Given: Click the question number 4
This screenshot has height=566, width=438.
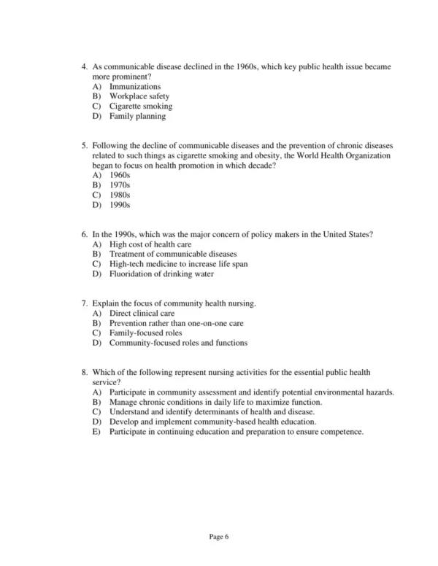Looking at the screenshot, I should tap(84, 66).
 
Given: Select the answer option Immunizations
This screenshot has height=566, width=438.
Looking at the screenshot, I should tap(135, 87).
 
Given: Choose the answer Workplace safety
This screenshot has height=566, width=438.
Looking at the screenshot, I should tap(139, 96).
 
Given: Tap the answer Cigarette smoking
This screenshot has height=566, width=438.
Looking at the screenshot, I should tap(141, 106).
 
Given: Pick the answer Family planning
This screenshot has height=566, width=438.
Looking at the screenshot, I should tap(137, 116).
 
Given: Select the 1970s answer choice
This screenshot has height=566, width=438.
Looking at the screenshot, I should tap(120, 185).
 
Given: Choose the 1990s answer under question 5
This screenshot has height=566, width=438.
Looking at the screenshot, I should tap(120, 205).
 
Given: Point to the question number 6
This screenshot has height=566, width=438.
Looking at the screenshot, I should tap(84, 234).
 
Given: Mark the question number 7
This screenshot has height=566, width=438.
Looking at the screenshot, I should tap(84, 303).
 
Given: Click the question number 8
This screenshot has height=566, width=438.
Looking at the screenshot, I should tap(84, 372).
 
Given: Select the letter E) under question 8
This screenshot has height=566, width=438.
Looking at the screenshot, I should tap(96, 432).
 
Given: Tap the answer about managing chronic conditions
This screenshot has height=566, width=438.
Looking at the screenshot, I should tap(215, 402).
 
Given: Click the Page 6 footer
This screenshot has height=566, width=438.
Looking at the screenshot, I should tap(219, 537).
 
